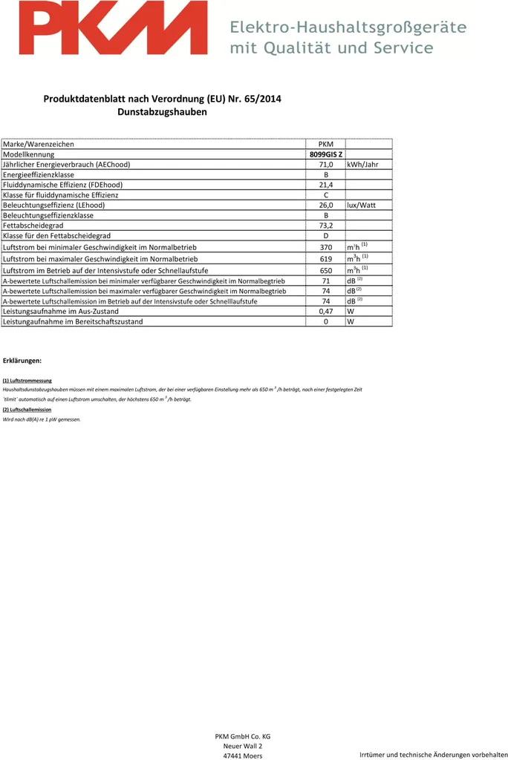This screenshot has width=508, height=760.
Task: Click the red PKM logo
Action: (x=113, y=28)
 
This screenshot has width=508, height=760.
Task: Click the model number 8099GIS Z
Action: (x=325, y=154)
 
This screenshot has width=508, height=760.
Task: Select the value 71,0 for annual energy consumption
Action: (x=325, y=164)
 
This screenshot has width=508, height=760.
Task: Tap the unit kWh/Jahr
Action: (x=362, y=164)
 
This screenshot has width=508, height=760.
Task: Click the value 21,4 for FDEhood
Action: (x=325, y=185)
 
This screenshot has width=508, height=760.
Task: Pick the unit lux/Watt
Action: (x=361, y=205)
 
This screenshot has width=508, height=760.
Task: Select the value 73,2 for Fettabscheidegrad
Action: (x=325, y=226)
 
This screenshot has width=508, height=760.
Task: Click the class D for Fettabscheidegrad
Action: (x=325, y=236)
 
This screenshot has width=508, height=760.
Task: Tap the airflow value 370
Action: (x=325, y=247)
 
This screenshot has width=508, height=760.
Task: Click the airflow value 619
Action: (x=325, y=259)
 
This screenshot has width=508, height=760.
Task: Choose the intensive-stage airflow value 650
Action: (x=325, y=271)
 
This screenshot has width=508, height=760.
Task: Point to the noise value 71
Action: (x=325, y=281)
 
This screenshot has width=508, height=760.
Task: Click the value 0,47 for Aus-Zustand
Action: (x=325, y=312)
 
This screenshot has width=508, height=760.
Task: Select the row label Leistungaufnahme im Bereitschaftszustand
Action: (x=73, y=322)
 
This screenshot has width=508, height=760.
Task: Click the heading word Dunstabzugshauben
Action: (x=162, y=112)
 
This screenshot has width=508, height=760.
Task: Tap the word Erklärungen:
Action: (x=22, y=360)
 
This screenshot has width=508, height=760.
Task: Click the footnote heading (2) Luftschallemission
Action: (x=27, y=410)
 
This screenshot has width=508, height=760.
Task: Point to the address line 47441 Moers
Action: (x=242, y=756)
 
